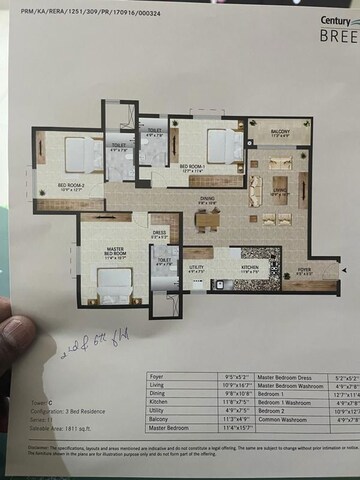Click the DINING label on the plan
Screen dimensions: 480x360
pos(206,198)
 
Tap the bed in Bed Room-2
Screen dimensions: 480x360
pos(76,155)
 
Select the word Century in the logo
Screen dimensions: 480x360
pos(337,21)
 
